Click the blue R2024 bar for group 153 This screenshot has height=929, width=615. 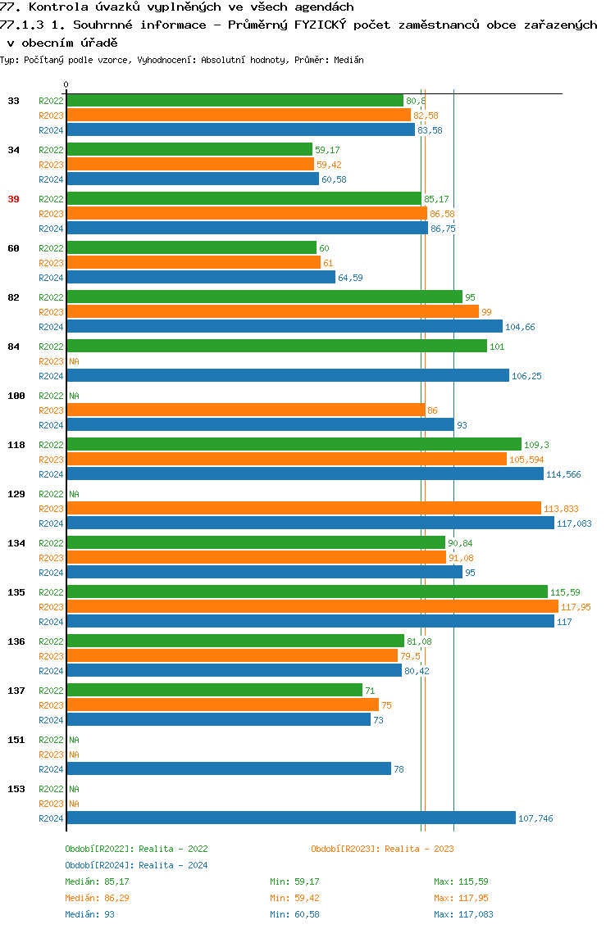click(291, 818)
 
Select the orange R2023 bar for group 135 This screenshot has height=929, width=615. click(312, 606)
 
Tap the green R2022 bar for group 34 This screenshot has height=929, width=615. click(189, 149)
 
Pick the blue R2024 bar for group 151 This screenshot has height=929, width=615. click(229, 768)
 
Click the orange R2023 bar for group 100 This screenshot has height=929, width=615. click(246, 410)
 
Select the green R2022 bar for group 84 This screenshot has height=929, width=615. click(276, 346)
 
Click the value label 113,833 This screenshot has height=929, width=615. click(561, 509)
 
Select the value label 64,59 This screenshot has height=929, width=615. click(350, 278)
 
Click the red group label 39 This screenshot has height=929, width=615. click(14, 199)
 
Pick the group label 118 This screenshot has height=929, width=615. click(16, 445)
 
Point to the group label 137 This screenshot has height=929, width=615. click(16, 691)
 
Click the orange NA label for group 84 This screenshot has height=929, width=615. click(74, 361)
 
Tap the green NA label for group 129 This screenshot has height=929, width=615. click(74, 494)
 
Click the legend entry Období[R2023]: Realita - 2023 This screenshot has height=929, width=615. click(382, 849)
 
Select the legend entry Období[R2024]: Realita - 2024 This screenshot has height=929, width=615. click(136, 865)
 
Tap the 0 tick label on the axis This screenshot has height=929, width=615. click(66, 84)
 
